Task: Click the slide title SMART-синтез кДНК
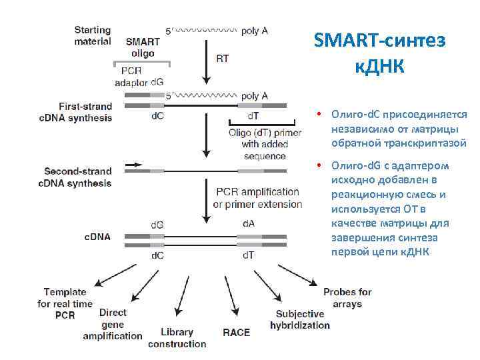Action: point(379,53)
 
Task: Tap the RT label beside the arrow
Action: point(223,58)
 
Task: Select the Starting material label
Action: point(93,35)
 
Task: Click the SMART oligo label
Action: point(143,47)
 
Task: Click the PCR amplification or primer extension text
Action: point(257,198)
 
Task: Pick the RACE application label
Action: point(237,332)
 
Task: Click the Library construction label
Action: point(177,338)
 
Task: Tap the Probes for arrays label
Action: point(347,298)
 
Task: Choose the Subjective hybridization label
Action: point(300,320)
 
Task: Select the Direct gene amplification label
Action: point(113,324)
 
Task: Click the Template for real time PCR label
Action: point(65,303)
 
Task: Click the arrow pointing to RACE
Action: point(231,299)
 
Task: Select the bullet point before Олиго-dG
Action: point(320,165)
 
